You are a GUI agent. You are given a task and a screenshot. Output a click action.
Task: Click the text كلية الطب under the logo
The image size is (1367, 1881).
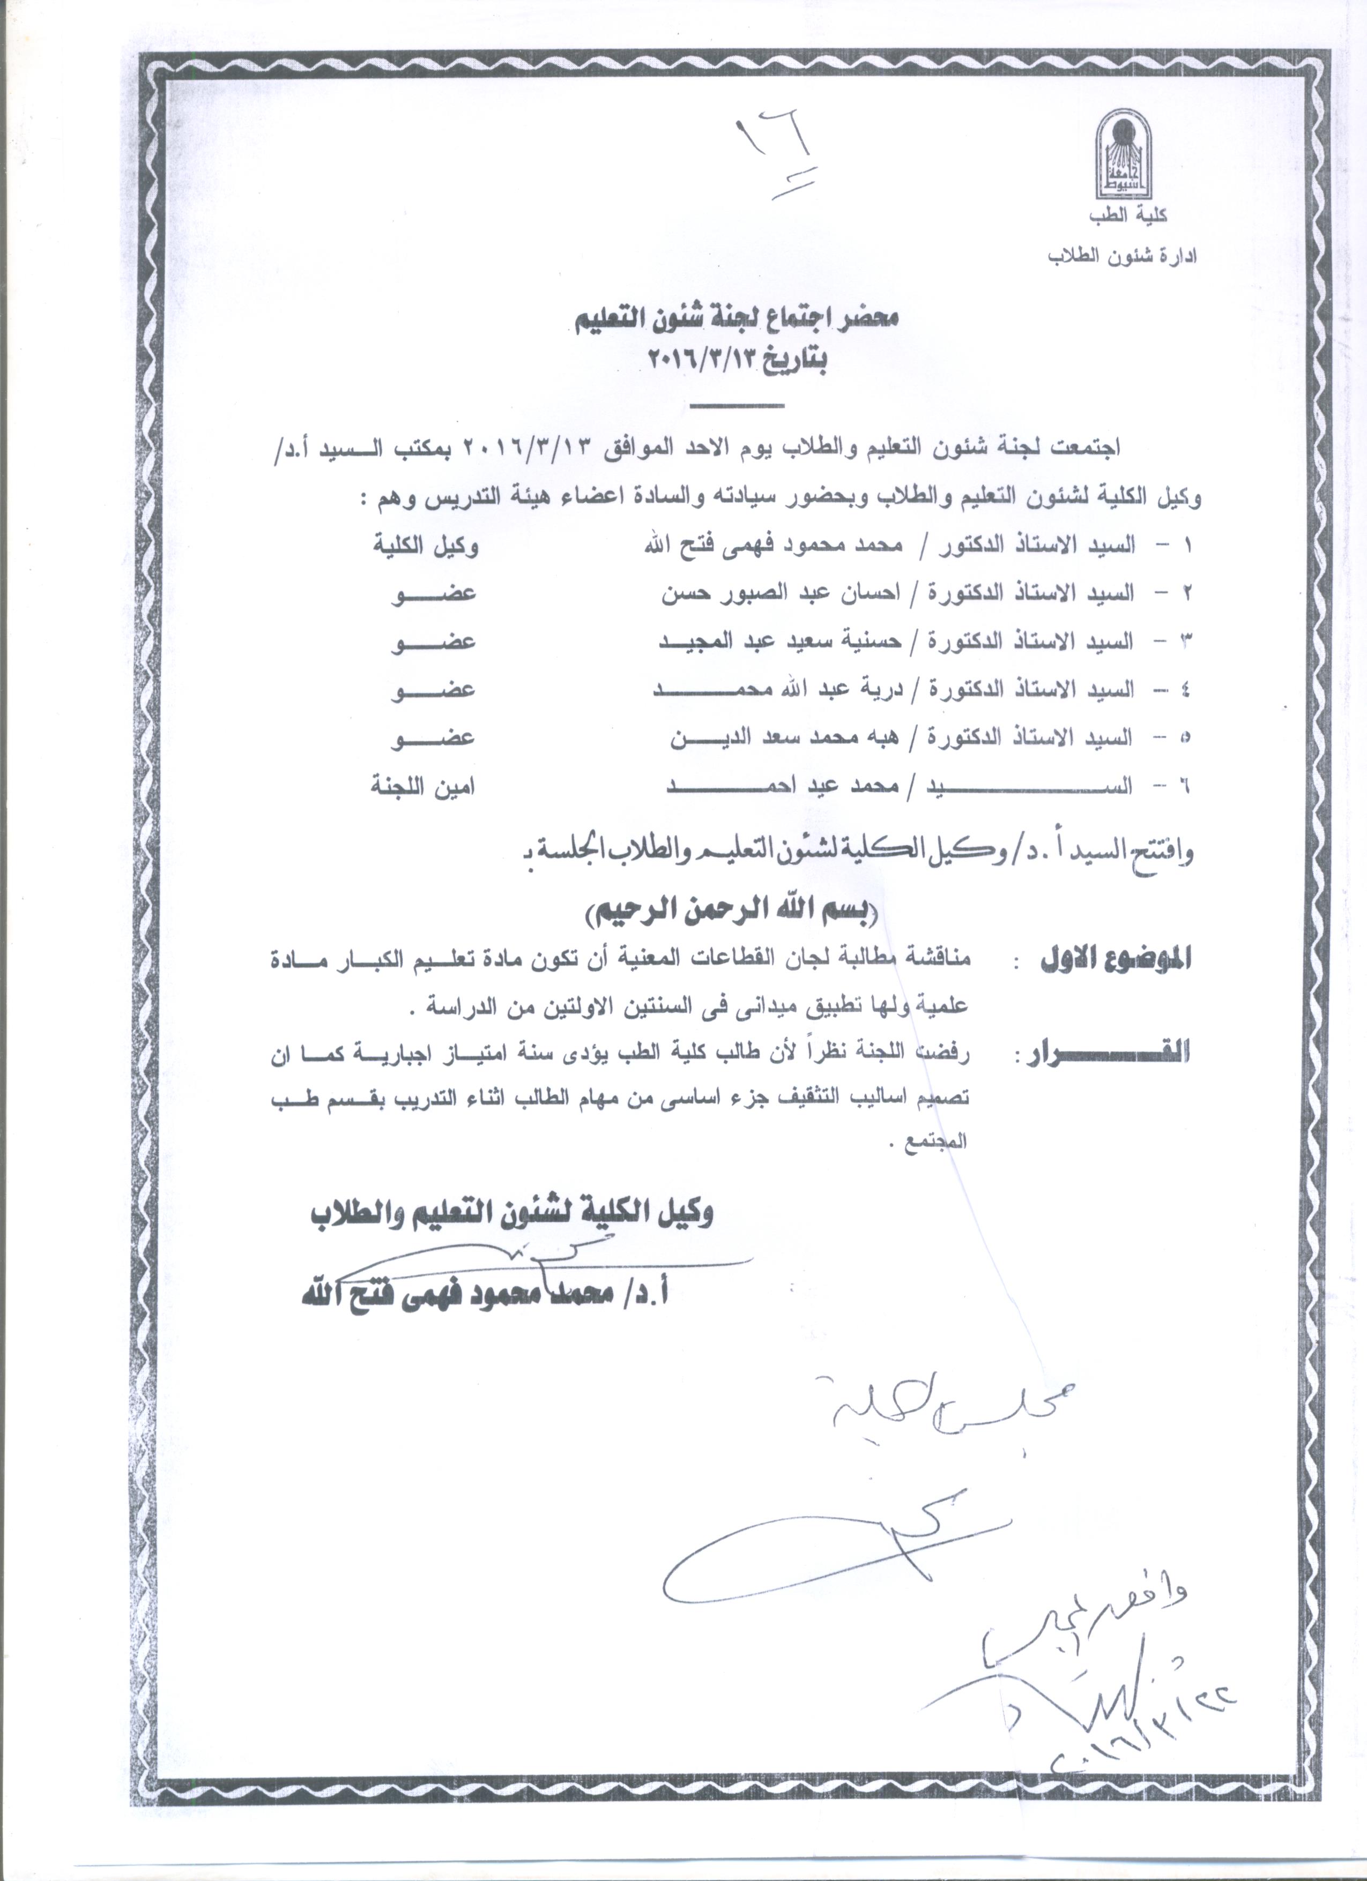pos(1130,215)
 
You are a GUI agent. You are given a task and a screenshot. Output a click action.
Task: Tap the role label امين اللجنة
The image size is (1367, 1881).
pos(423,786)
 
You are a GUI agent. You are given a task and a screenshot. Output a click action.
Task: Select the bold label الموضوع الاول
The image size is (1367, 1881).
pos(1113,960)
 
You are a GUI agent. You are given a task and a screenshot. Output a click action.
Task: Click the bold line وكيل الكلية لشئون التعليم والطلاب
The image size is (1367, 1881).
pos(512,1213)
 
